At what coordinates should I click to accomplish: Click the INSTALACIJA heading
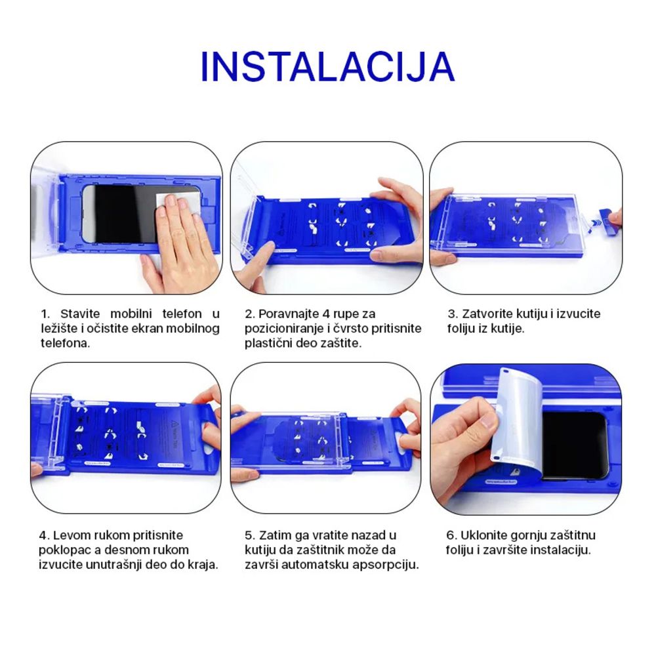[x=327, y=67]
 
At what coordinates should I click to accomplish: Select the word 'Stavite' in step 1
[x=80, y=314]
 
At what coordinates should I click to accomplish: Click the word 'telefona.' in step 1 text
[x=65, y=343]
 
